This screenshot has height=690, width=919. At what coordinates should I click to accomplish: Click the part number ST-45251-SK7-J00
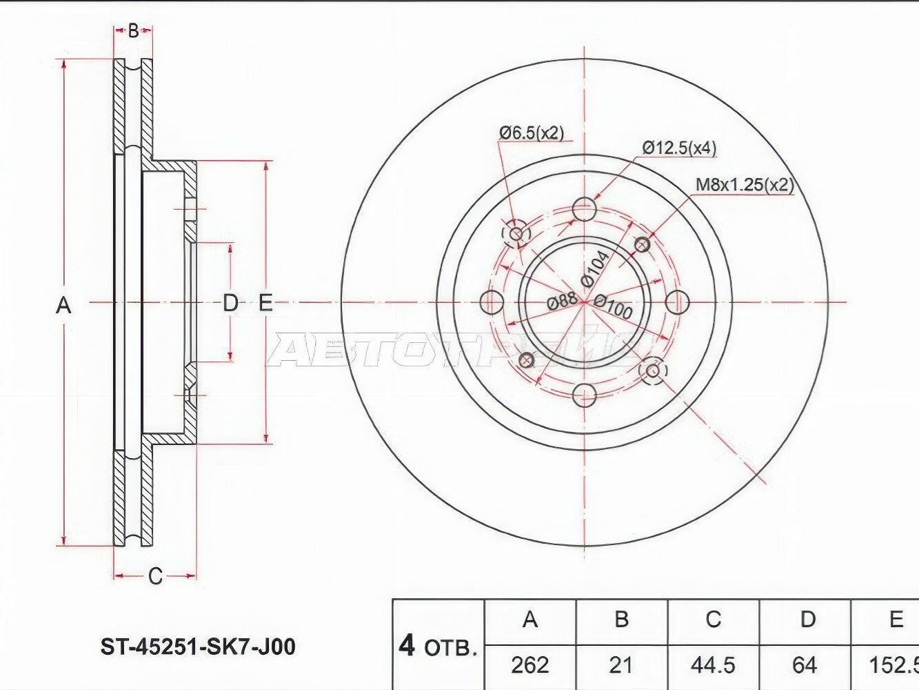[x=198, y=647]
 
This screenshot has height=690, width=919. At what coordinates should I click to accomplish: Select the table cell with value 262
[x=530, y=664]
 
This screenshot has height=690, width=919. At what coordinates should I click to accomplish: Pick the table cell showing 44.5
[x=713, y=664]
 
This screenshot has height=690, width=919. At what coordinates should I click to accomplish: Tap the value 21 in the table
[x=621, y=664]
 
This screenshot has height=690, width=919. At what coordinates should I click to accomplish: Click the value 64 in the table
[x=805, y=664]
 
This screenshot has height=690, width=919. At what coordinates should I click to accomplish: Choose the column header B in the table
[x=621, y=619]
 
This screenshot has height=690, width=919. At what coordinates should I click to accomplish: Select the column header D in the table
[x=807, y=619]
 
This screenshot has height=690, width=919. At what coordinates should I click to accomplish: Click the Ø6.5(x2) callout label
[x=532, y=132]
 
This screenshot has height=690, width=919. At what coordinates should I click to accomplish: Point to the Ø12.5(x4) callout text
[x=679, y=148]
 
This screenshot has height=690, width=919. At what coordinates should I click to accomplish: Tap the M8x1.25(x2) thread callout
[x=744, y=185]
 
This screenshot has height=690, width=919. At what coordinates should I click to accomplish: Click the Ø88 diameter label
[x=561, y=301]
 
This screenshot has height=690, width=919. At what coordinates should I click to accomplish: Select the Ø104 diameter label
[x=594, y=268]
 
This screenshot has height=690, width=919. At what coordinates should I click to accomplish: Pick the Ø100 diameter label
[x=612, y=307]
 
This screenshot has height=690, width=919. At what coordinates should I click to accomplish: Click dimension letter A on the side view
[x=63, y=304]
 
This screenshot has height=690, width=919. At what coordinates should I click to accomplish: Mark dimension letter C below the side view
[x=155, y=576]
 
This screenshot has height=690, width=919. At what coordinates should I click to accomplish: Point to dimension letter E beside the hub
[x=265, y=302]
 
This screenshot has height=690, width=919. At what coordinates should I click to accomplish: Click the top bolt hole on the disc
[x=584, y=209]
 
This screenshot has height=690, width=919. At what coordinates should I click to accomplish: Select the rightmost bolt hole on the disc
[x=678, y=302]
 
